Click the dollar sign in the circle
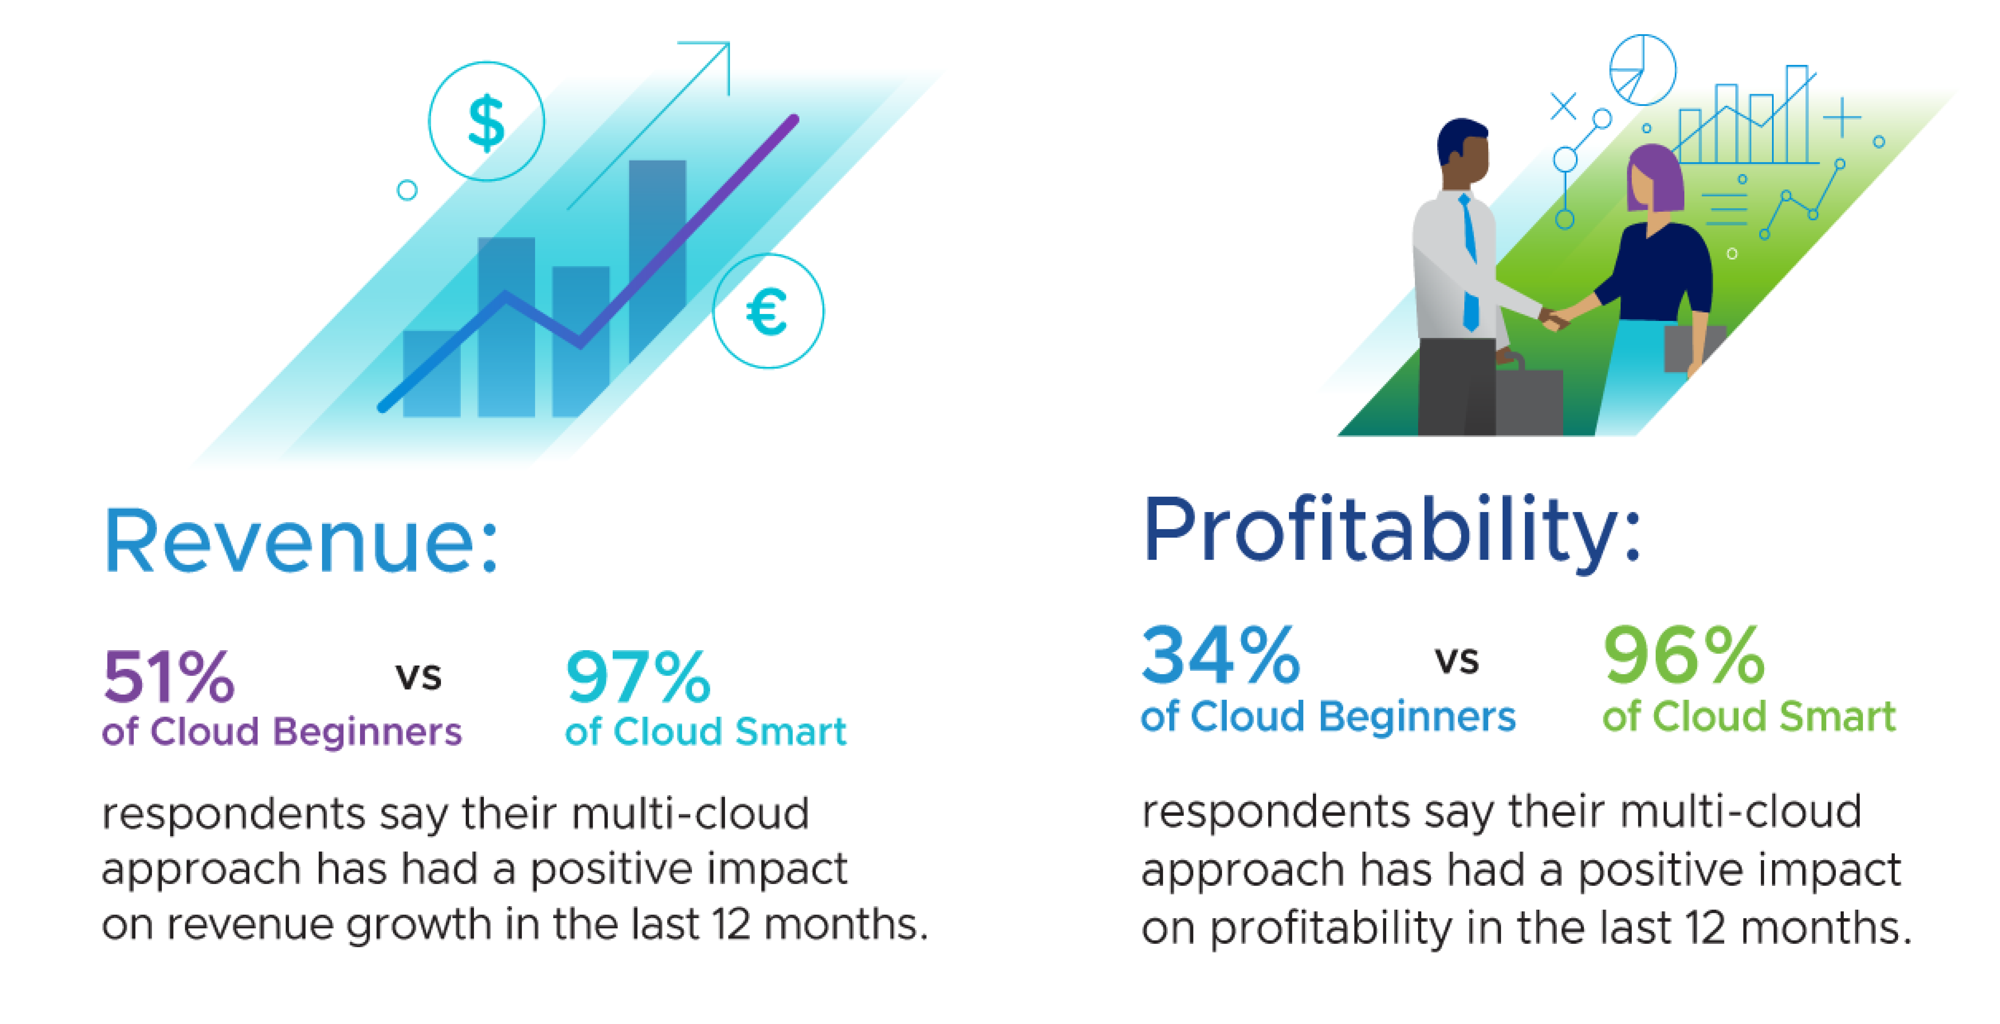coord(487,122)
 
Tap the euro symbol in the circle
coord(767,311)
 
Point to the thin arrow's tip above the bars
coord(729,44)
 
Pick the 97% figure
coord(638,676)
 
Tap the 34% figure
coord(1221,655)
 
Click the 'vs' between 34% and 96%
coord(1456,661)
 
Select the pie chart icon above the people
coord(1643,70)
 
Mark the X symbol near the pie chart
coord(1564,106)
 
